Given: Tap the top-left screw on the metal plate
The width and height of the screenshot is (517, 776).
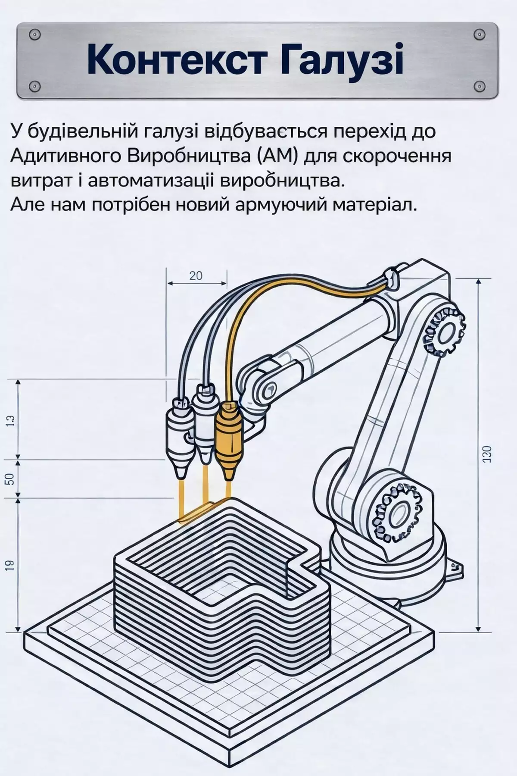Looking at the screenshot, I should pyautogui.click(x=36, y=34).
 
